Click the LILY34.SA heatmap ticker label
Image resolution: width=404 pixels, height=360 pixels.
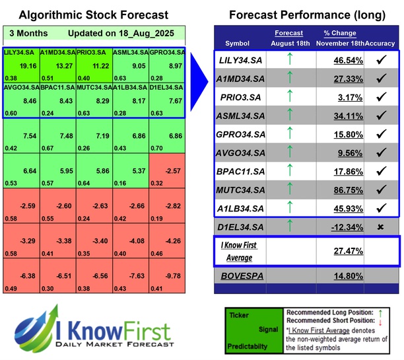pyautogui.click(x=20, y=52)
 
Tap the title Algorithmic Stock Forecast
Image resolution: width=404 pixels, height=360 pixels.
pyautogui.click(x=93, y=15)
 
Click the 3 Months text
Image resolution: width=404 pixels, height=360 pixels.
pyautogui.click(x=28, y=32)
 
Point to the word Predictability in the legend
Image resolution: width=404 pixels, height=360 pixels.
pyautogui.click(x=248, y=346)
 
